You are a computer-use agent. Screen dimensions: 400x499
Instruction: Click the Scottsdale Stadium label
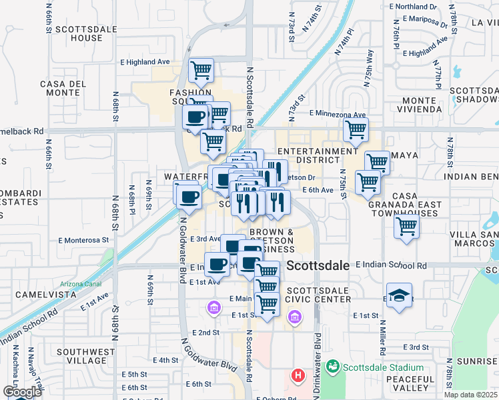(x=384, y=367)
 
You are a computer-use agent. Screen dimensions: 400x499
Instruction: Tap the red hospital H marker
(x=298, y=376)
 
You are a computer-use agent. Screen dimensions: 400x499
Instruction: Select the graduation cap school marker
(x=399, y=295)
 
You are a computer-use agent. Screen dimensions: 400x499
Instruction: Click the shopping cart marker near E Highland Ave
(x=201, y=69)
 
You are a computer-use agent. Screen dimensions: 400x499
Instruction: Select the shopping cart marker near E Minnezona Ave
(x=356, y=129)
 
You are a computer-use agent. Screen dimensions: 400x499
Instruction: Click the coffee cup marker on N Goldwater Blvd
(x=188, y=196)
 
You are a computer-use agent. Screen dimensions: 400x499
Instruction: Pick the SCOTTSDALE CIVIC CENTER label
(x=319, y=295)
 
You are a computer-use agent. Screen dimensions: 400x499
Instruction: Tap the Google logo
(x=23, y=392)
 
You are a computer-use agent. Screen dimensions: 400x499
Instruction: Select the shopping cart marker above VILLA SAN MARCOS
(x=406, y=225)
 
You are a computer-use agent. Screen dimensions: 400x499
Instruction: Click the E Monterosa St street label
(x=83, y=240)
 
